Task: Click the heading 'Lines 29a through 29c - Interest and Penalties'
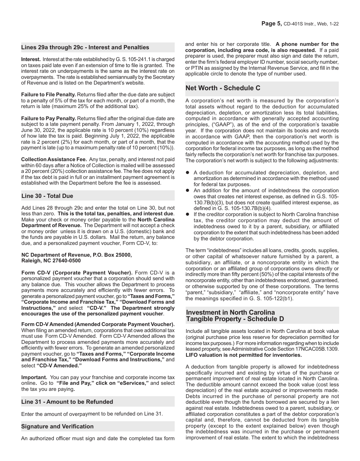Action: (85, 47)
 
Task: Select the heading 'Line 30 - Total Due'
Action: (47, 196)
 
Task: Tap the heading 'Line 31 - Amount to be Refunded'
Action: (67, 402)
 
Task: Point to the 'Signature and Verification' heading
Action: (57, 427)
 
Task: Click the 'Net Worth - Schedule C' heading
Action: (223, 88)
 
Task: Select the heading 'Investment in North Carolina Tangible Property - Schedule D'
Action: (235, 316)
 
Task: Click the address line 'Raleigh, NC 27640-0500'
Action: (51, 261)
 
